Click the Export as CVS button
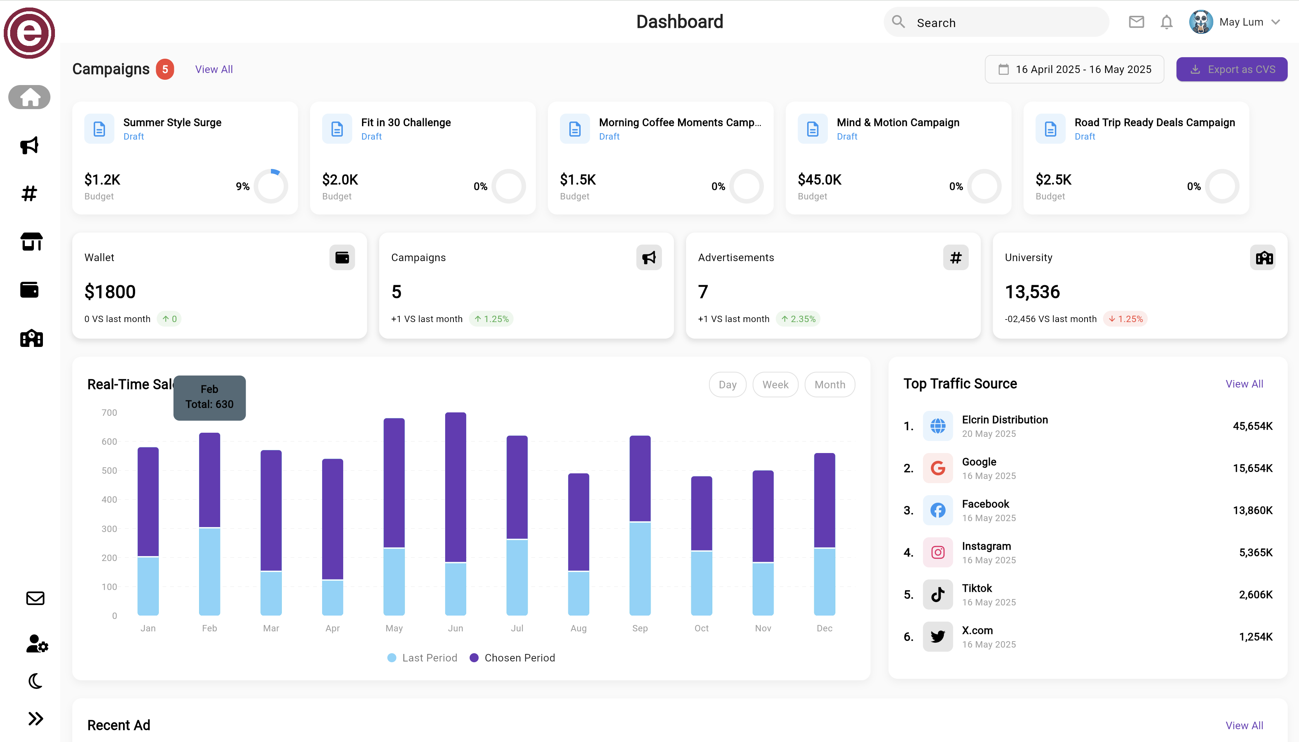[x=1231, y=69]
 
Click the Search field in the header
[x=996, y=23]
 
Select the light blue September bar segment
[x=640, y=568]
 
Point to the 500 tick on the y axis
[x=109, y=470]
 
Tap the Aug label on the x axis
[x=578, y=628]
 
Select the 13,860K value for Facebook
[x=1252, y=510]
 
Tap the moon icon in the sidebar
[x=35, y=681]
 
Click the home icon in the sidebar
[x=30, y=97]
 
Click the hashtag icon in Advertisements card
[x=955, y=258]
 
